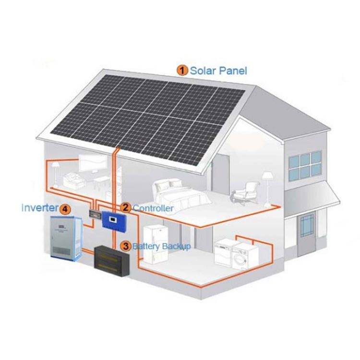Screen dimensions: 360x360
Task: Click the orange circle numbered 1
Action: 183,71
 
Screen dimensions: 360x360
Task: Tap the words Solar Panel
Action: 219,71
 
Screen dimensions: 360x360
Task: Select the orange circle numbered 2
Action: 126,208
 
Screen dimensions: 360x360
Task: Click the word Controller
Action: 153,208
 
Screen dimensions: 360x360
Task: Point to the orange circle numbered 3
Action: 126,246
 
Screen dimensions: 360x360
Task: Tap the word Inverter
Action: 39,208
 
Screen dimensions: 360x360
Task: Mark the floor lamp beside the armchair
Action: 265,185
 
